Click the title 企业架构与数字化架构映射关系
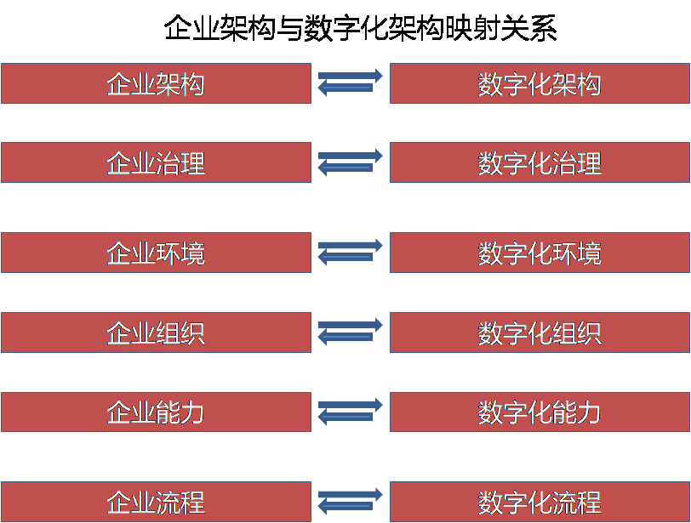(x=360, y=29)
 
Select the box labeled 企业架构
(x=156, y=83)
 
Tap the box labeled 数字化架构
(x=540, y=83)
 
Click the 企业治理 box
(x=156, y=162)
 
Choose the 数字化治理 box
(x=540, y=162)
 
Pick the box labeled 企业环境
(x=156, y=253)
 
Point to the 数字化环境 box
(x=540, y=253)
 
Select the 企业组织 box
(x=156, y=333)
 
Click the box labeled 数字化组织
(x=540, y=333)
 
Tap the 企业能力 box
(x=156, y=412)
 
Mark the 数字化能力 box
(x=540, y=412)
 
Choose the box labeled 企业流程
(x=156, y=502)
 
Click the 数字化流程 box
(x=540, y=502)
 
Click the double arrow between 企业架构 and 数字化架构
(x=350, y=82)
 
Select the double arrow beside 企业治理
(x=350, y=162)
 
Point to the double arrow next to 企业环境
(x=350, y=252)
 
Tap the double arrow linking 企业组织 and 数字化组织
(x=350, y=332)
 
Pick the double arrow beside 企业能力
(x=350, y=412)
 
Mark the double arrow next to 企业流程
(x=350, y=501)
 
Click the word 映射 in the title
(x=471, y=29)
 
